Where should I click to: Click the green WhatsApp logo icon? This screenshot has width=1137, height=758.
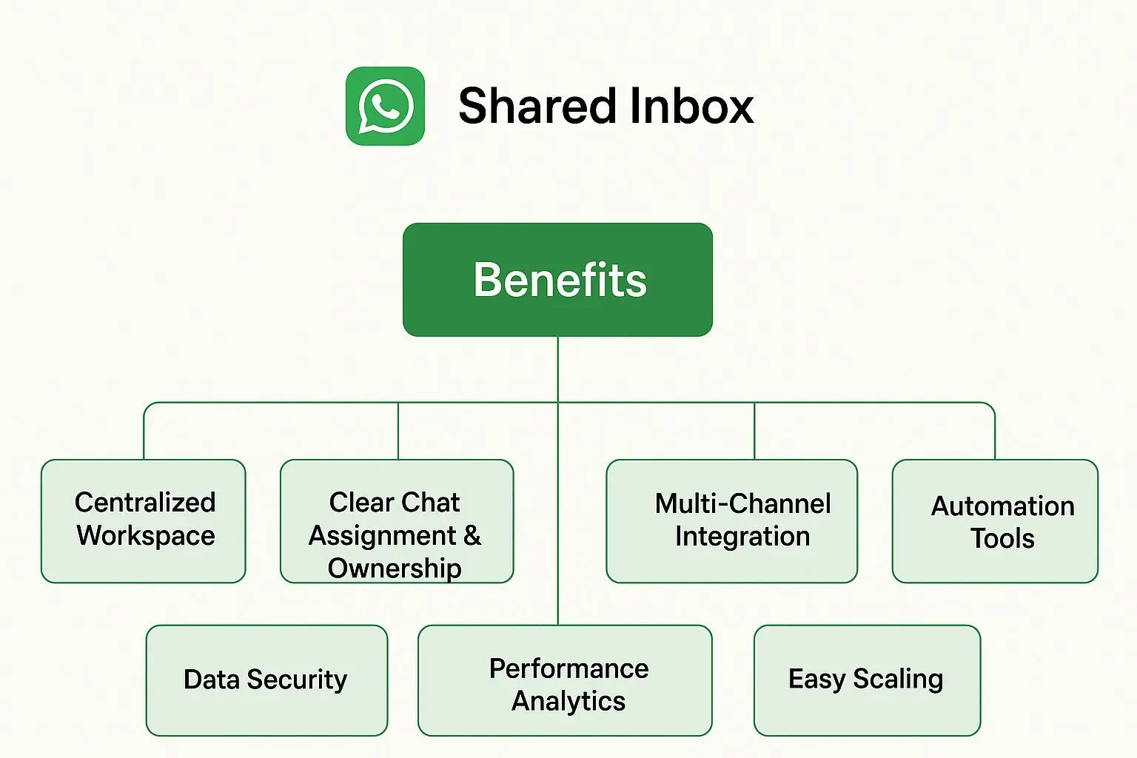point(385,106)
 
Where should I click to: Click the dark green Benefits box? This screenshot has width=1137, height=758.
point(557,280)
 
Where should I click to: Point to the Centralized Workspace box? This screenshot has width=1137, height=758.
point(143,520)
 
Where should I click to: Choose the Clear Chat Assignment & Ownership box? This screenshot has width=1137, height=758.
point(396,520)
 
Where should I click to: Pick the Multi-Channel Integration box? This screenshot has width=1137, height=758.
point(731,520)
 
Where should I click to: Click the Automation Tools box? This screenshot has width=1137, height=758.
point(995,520)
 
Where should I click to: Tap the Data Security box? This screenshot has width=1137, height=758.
point(266,680)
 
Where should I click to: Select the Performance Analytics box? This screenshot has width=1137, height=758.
point(565,680)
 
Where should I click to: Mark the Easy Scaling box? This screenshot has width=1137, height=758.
point(867,680)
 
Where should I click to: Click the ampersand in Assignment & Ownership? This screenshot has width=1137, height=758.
point(472,535)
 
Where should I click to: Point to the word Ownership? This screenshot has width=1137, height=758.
point(395,568)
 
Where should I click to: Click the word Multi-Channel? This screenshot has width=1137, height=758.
point(742,504)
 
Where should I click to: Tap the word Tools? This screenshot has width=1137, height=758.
point(1002,538)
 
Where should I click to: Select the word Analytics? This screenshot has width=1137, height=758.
point(568,700)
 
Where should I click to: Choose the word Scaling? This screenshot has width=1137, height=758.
point(898,679)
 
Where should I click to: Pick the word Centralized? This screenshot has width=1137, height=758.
point(145,503)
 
